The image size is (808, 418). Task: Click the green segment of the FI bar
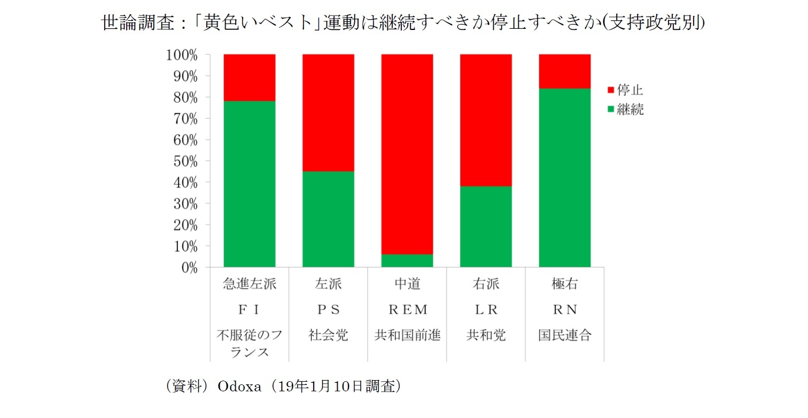coord(250,184)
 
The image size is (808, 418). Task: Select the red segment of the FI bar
coord(250,77)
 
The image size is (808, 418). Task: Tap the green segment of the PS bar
coord(328,219)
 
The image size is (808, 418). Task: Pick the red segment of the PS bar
coord(328,113)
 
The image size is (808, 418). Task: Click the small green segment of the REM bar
coord(407,261)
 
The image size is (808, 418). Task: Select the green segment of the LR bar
coord(486,226)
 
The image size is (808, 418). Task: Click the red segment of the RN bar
coord(565,71)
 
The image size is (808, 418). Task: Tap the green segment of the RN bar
coord(565,177)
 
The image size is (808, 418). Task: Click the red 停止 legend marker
coord(611,90)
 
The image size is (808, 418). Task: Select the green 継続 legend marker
coord(611,110)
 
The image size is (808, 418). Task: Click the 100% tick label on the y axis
coord(181,55)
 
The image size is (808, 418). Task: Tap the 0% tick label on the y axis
coord(186,268)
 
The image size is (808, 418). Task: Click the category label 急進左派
coord(250,285)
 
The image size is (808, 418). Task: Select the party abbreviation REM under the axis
coord(407,310)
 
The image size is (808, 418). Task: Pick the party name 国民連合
coord(565,335)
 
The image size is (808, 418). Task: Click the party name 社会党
coord(328,335)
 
